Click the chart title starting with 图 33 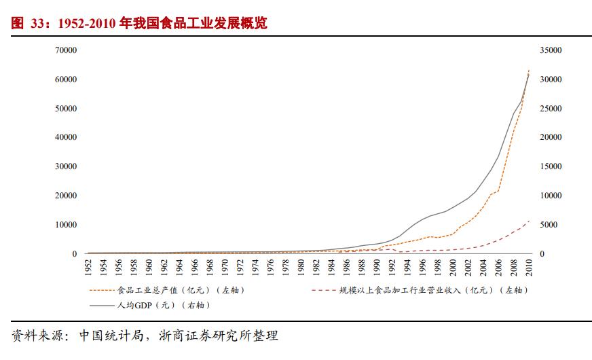pyautogui.click(x=139, y=24)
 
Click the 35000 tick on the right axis pyautogui.click(x=551, y=50)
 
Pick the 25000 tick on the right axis pyautogui.click(x=551, y=109)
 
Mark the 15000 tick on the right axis pyautogui.click(x=551, y=166)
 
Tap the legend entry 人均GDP pyautogui.click(x=160, y=305)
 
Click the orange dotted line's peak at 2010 pyautogui.click(x=529, y=69)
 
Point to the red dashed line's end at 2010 pyautogui.click(x=529, y=221)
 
